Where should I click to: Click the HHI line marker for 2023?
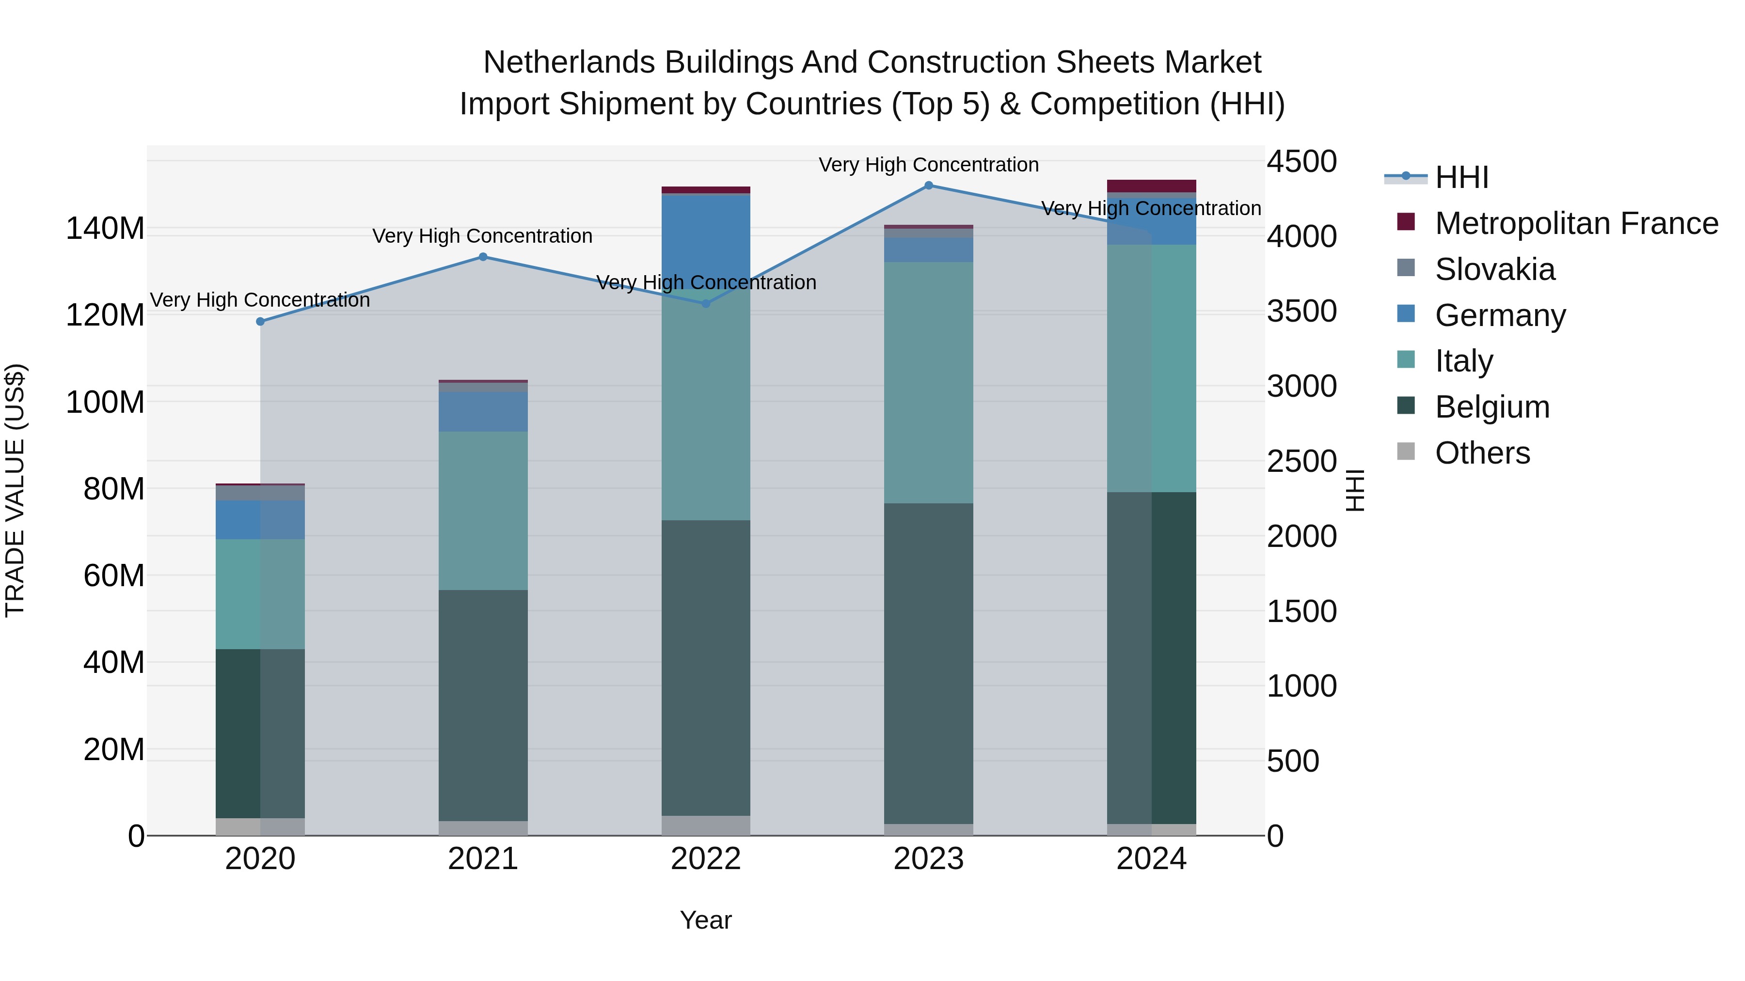click(928, 186)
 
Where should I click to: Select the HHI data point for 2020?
click(260, 322)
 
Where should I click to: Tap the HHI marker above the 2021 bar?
click(483, 257)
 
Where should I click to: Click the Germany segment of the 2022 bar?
click(705, 237)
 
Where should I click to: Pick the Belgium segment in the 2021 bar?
click(483, 704)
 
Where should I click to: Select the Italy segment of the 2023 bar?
click(928, 383)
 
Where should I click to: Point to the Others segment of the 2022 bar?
click(705, 825)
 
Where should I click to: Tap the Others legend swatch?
click(1406, 452)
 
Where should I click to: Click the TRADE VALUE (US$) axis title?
click(15, 490)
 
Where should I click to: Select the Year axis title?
click(705, 920)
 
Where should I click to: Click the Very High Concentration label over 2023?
click(928, 165)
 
